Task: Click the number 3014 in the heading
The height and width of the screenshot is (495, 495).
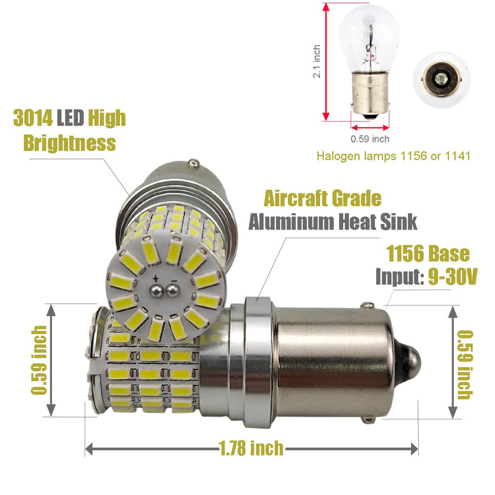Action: coord(33,118)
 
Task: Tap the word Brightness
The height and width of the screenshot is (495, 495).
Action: coord(70,143)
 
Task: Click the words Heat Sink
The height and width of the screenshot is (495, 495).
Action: coord(377,222)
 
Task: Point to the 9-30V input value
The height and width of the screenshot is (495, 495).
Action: coord(452,277)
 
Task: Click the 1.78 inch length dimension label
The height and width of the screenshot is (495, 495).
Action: coord(251,448)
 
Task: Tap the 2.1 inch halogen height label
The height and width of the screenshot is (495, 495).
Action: coord(317,61)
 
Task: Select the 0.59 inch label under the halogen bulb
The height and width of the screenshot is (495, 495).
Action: coord(370,139)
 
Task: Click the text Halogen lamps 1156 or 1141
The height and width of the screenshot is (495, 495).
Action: coord(394,156)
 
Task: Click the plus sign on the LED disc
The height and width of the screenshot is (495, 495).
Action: coord(156,278)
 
